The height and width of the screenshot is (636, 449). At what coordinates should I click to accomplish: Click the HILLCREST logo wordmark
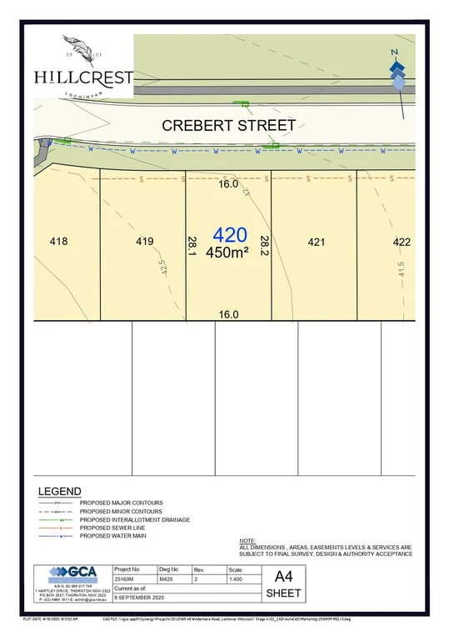tap(83, 77)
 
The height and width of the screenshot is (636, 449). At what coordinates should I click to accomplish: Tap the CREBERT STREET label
tap(228, 126)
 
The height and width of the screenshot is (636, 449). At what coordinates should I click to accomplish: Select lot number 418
tap(58, 243)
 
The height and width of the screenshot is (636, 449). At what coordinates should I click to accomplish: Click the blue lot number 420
tap(230, 235)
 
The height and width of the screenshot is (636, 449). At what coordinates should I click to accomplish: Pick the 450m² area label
tap(228, 252)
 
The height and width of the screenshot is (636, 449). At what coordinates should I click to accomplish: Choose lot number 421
tap(316, 243)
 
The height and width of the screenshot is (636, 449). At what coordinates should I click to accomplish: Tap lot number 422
tap(402, 243)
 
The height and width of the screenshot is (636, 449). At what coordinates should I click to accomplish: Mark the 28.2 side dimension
tap(264, 244)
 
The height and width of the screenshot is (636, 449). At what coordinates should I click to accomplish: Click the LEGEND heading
tap(60, 492)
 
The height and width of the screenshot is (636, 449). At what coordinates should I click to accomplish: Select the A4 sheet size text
tap(284, 576)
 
